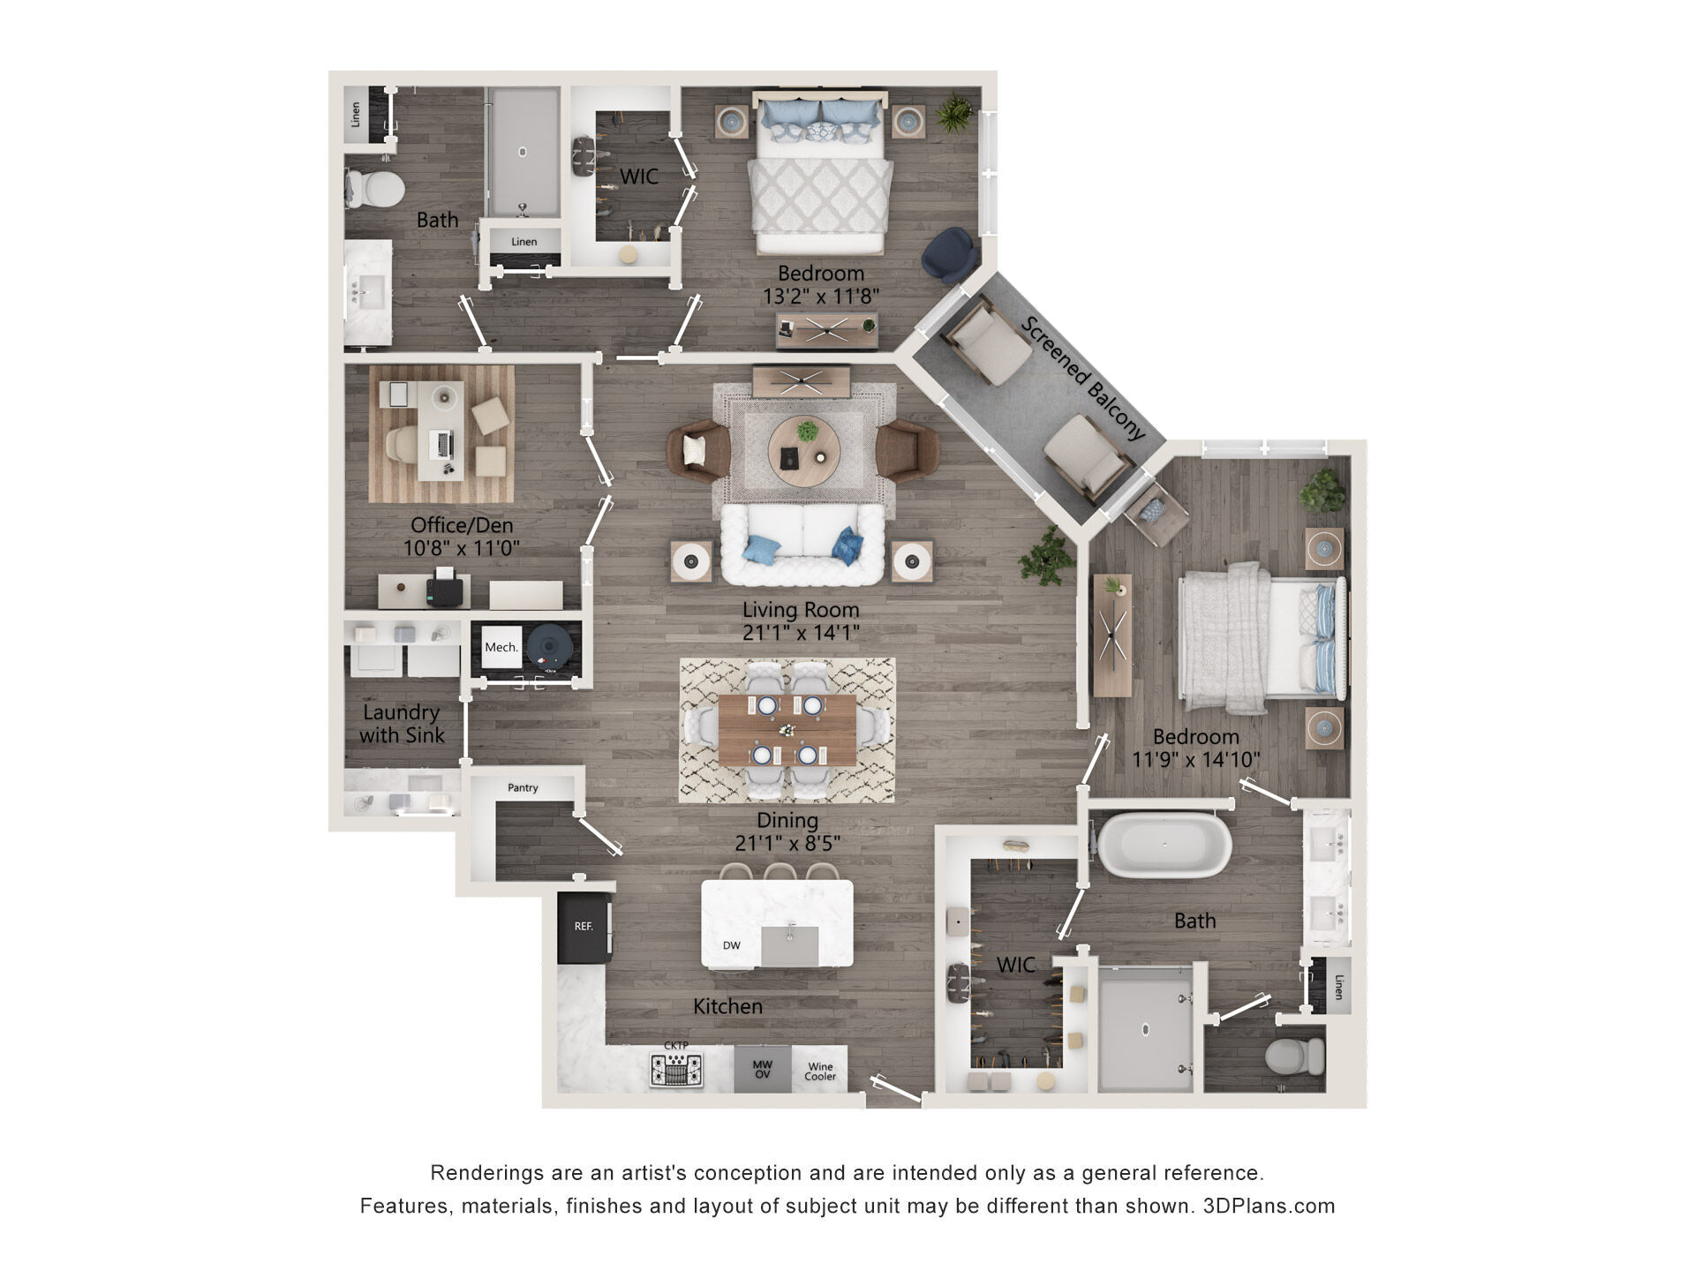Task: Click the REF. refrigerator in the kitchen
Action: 584,928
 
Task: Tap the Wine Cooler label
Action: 820,1072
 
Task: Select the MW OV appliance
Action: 763,1070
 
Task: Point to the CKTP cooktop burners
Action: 676,1070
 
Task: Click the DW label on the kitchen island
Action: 732,945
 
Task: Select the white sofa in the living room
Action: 802,545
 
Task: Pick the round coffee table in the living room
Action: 803,446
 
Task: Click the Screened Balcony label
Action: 1083,378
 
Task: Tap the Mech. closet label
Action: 501,647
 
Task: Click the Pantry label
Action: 523,787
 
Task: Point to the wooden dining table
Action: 787,730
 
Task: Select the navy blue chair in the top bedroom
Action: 950,254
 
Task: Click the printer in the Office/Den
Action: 444,587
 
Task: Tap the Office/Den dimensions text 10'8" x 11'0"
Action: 461,548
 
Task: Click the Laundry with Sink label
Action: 402,724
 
